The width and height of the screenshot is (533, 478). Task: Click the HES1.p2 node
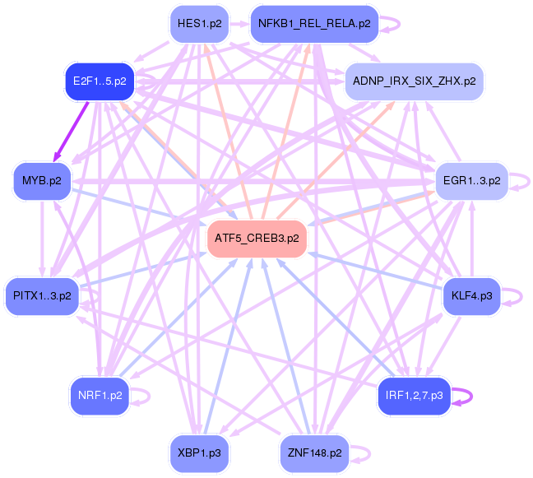pyautogui.click(x=199, y=24)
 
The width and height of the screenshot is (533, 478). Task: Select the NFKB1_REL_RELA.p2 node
pyautogui.click(x=314, y=24)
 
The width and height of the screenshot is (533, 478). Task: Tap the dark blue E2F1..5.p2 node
pyautogui.click(x=100, y=81)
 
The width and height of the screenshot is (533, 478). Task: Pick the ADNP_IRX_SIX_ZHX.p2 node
pyautogui.click(x=414, y=81)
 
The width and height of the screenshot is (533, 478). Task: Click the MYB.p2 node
pyautogui.click(x=42, y=181)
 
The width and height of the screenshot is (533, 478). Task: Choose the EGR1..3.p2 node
pyautogui.click(x=472, y=181)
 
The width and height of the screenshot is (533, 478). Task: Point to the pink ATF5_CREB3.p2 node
pyautogui.click(x=257, y=239)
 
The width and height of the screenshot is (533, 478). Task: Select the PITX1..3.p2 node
pyautogui.click(x=42, y=296)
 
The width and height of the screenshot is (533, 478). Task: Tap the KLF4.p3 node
pyautogui.click(x=472, y=296)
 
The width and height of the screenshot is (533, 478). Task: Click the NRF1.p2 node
pyautogui.click(x=100, y=396)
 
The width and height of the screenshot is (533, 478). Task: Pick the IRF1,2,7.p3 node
pyautogui.click(x=414, y=396)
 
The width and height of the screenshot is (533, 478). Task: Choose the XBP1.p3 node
pyautogui.click(x=199, y=453)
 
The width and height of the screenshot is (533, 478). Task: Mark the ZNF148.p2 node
pyautogui.click(x=314, y=453)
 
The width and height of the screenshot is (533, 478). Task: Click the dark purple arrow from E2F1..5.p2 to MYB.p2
pyautogui.click(x=71, y=132)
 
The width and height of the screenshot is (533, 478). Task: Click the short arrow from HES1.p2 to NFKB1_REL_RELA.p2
pyautogui.click(x=239, y=24)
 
